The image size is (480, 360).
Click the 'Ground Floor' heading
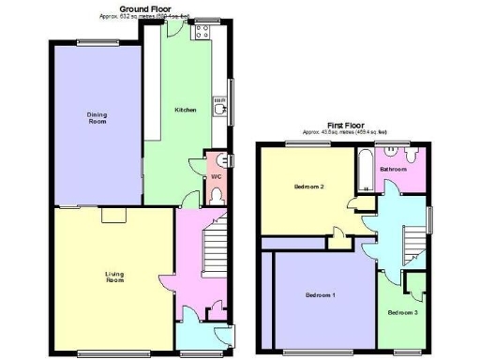(x=145, y=7)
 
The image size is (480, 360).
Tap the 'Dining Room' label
(x=97, y=118)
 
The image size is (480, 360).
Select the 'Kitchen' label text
(x=186, y=110)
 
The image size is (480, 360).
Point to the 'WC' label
(x=215, y=176)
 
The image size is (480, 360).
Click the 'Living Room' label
(x=114, y=277)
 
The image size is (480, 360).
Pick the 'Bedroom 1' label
(x=322, y=296)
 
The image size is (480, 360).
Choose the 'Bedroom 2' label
(x=308, y=187)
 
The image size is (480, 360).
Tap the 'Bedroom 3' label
(x=403, y=312)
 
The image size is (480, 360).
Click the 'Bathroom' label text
(x=394, y=169)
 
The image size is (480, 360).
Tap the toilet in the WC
(x=217, y=195)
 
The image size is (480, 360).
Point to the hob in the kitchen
(x=201, y=32)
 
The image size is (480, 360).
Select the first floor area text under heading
(x=348, y=133)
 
